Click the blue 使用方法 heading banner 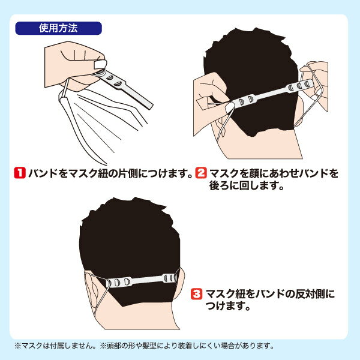point(59,28)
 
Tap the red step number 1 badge point(20,173)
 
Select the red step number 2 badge point(201,173)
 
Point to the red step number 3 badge point(197,294)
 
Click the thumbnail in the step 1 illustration point(100,64)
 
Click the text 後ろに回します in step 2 point(244,185)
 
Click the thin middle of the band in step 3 point(147,280)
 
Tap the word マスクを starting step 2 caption point(228,173)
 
